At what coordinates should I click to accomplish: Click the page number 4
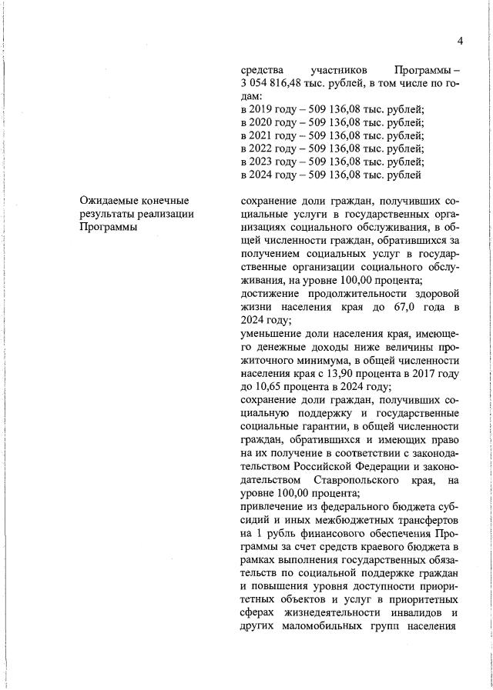[x=459, y=41]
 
